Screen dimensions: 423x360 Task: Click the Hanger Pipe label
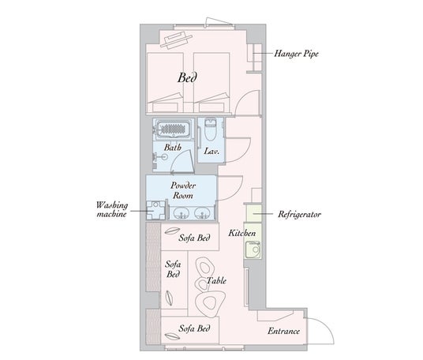click(x=296, y=54)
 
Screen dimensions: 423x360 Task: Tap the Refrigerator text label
click(x=299, y=214)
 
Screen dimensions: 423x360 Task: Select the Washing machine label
click(x=112, y=209)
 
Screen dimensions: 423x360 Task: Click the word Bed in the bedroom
click(x=187, y=77)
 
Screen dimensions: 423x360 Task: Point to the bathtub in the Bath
click(x=173, y=128)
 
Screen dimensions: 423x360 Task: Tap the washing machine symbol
click(x=155, y=210)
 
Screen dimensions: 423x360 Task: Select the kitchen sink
click(x=253, y=249)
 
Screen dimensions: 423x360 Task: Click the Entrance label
click(x=283, y=331)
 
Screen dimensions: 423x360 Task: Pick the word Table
click(x=216, y=281)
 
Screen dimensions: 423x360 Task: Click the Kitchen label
click(x=242, y=233)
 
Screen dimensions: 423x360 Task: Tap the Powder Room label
click(x=183, y=190)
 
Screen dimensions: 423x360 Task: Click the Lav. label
click(x=211, y=151)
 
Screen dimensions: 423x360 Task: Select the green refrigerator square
click(x=253, y=214)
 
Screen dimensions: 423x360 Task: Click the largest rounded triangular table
click(x=211, y=303)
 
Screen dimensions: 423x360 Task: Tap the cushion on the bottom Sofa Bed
click(x=172, y=336)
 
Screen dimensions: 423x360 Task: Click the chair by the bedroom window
click(x=176, y=40)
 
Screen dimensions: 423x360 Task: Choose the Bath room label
click(x=173, y=148)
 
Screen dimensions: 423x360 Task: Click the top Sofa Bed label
click(x=194, y=238)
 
